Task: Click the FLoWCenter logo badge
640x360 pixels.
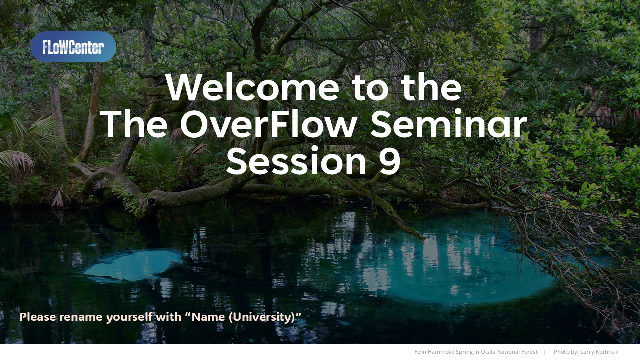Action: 73,47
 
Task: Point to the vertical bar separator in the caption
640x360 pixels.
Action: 545,352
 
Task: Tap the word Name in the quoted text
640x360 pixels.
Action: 209,317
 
